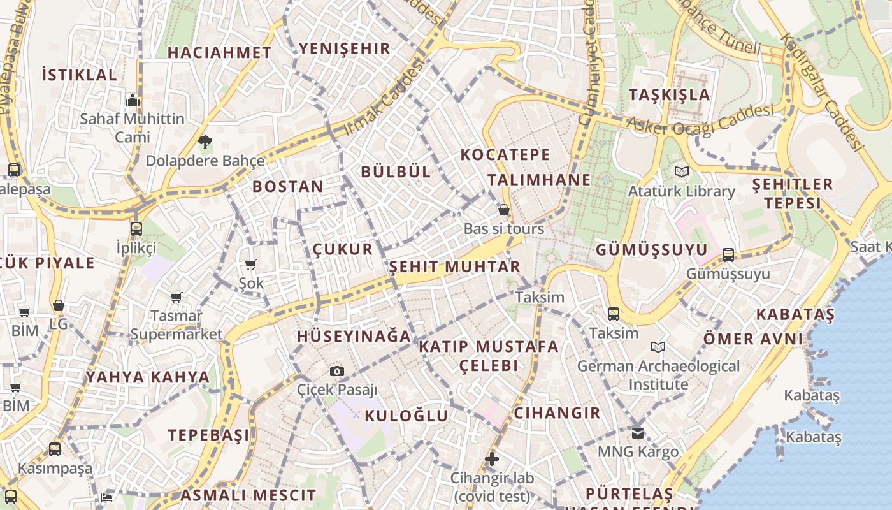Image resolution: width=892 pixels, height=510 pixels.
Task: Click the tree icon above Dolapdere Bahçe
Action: click(x=205, y=142)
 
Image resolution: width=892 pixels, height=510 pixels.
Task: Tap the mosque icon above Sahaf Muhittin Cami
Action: click(x=133, y=100)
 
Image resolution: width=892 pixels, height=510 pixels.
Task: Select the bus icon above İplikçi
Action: click(x=136, y=229)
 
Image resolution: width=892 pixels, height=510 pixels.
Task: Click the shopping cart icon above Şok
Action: click(x=251, y=265)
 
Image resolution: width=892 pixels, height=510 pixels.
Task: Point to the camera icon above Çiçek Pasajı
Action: click(x=337, y=371)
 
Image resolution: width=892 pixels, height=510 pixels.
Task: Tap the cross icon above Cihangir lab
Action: click(x=491, y=459)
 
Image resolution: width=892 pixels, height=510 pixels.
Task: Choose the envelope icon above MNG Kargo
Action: click(x=638, y=433)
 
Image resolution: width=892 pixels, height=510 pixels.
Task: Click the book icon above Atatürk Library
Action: click(x=682, y=171)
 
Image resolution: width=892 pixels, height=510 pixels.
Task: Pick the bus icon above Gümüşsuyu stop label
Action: click(x=728, y=255)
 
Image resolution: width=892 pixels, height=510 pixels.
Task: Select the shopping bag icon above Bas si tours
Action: click(x=504, y=210)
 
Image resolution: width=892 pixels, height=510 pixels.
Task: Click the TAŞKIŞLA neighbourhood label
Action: click(x=669, y=95)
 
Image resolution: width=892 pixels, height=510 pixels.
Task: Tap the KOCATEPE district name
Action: click(x=505, y=154)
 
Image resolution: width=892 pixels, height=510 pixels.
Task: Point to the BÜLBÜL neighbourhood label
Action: click(x=396, y=171)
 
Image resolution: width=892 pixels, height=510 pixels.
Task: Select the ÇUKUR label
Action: click(x=343, y=249)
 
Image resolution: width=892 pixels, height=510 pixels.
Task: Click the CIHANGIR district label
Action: click(x=557, y=413)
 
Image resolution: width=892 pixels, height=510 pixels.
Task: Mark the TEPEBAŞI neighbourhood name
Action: click(x=209, y=435)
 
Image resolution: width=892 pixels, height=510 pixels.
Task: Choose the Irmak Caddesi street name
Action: click(x=384, y=98)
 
